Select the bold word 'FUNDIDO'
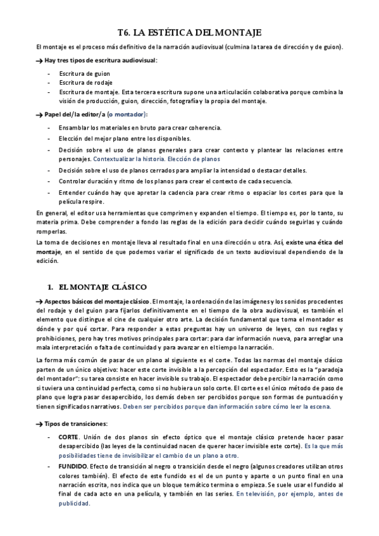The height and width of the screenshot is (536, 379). pyautogui.click(x=73, y=466)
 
